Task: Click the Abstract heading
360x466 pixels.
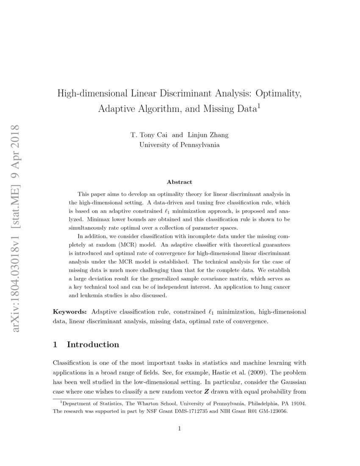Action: [180, 182]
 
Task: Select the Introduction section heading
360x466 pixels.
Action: [93, 344]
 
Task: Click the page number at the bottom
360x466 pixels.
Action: [180, 429]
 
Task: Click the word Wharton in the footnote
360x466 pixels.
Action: [144, 404]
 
